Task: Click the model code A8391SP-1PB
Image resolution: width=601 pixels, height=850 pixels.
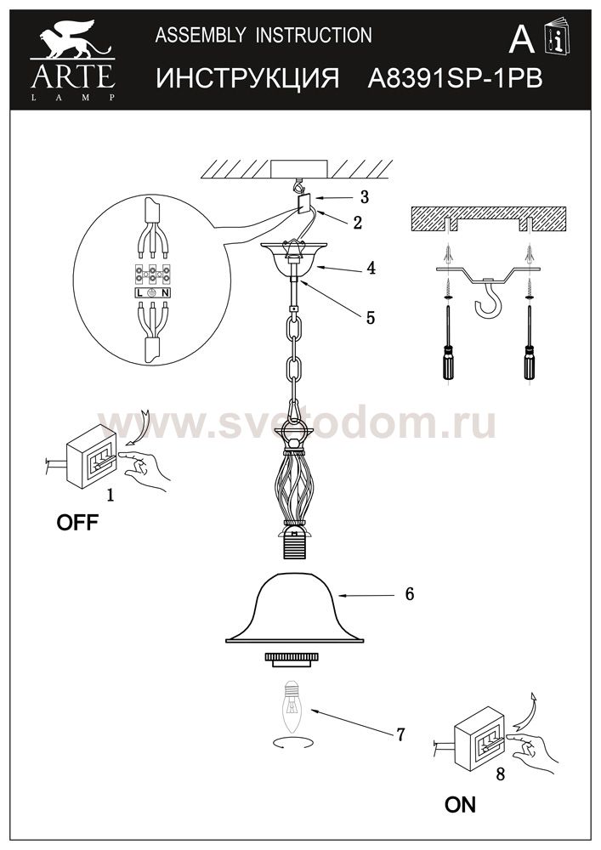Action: pyautogui.click(x=456, y=79)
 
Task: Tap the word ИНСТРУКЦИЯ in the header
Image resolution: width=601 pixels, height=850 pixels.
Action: pyautogui.click(x=247, y=79)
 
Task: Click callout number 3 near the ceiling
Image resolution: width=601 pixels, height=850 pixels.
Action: pyautogui.click(x=364, y=196)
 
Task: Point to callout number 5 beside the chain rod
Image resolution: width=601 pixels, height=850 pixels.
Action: pyautogui.click(x=370, y=317)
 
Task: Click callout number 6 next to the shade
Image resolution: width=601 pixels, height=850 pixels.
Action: pyautogui.click(x=409, y=594)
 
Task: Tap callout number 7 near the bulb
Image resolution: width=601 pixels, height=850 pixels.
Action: pyautogui.click(x=400, y=734)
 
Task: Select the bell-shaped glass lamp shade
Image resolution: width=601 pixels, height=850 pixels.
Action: pyautogui.click(x=294, y=608)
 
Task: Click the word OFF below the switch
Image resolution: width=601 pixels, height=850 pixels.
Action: pyautogui.click(x=77, y=523)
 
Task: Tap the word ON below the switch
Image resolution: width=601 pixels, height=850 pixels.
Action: pyautogui.click(x=460, y=805)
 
